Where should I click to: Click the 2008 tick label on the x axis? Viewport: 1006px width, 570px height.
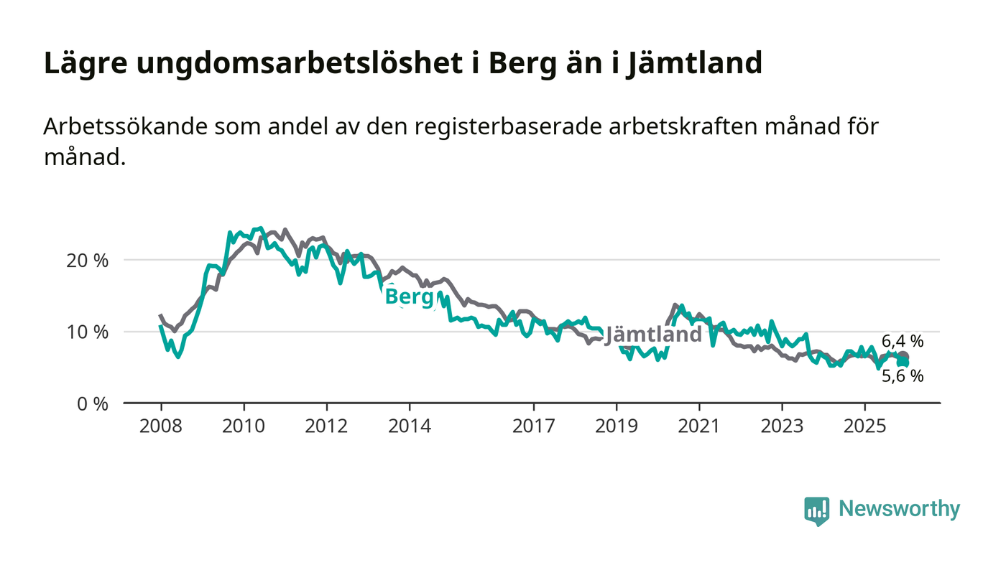tap(160, 426)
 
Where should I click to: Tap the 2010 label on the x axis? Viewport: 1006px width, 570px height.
tap(244, 426)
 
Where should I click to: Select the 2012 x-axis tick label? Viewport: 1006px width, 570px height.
tap(327, 426)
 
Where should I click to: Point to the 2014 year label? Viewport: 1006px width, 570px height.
tap(410, 426)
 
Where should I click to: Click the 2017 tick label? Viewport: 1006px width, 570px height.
tap(534, 426)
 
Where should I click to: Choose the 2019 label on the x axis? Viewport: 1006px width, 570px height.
tap(617, 426)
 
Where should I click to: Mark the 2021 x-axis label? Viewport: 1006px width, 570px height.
tap(700, 426)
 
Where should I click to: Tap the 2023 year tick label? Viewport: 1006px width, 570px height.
tap(783, 426)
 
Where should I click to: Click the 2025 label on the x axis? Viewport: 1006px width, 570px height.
tap(865, 426)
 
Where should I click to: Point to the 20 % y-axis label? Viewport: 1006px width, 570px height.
tap(88, 260)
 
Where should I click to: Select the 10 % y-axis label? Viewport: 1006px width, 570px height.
tap(88, 332)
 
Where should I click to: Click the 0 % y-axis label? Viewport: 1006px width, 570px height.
tap(92, 403)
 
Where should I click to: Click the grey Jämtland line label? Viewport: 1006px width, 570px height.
tap(653, 335)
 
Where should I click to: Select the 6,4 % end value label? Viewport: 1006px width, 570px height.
tap(903, 342)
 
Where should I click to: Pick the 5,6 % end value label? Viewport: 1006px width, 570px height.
tap(903, 375)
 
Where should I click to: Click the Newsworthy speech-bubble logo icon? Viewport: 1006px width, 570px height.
tap(816, 510)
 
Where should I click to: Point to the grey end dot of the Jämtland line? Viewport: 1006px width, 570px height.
tap(904, 357)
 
